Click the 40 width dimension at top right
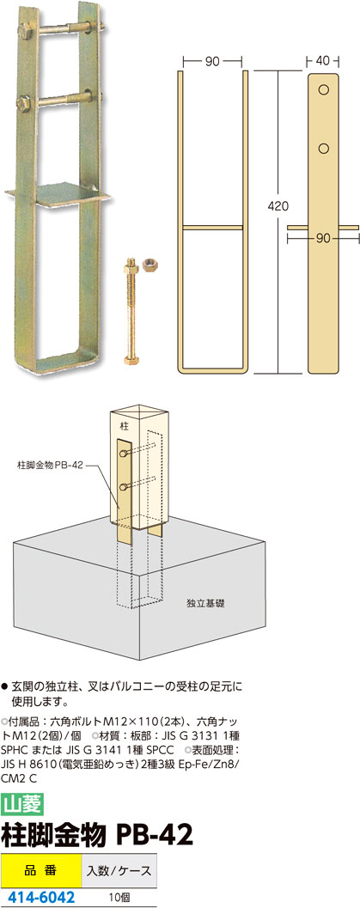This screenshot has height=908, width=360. [x=322, y=60]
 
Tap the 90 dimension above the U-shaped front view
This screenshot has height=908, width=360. [x=212, y=60]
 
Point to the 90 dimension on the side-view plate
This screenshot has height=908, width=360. [x=322, y=237]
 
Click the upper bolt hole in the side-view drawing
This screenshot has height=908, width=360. [x=324, y=91]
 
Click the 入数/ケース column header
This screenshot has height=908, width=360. [x=119, y=870]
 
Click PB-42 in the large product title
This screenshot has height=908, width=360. [x=155, y=834]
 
